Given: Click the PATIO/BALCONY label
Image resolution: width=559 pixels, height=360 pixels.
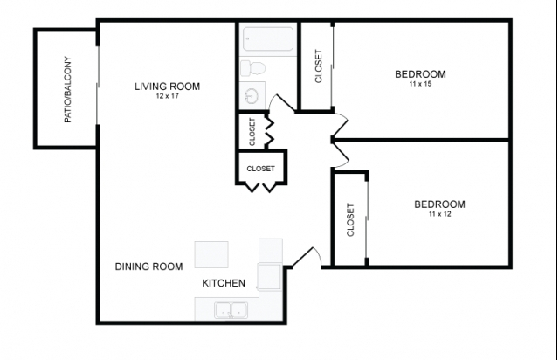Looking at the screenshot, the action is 68,89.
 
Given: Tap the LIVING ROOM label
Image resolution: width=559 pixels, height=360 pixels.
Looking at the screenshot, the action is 167,87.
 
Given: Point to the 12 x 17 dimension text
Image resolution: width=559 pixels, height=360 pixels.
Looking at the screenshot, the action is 167,96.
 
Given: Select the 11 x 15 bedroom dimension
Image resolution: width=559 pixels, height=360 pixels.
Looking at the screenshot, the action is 420,84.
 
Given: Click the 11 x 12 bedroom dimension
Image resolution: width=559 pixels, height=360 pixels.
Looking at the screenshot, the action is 439,214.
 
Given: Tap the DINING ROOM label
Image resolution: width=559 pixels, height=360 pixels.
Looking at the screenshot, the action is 148,267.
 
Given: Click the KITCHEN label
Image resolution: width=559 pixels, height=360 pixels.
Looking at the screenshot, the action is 224,283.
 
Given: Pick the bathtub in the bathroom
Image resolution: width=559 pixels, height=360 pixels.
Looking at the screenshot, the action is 268,38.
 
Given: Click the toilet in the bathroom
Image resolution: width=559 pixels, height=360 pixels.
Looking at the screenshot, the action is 252,68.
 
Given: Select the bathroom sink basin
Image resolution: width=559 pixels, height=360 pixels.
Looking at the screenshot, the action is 252,95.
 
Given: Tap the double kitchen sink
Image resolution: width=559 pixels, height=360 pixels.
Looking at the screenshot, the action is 231,310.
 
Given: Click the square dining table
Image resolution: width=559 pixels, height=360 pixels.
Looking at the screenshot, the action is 211,255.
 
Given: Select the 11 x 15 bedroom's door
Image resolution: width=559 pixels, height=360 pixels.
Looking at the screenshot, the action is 341,125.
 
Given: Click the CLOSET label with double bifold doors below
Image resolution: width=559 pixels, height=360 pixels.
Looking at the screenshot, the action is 260,169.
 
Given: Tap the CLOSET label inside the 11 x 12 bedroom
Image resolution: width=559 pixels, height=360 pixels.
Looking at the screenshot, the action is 350,220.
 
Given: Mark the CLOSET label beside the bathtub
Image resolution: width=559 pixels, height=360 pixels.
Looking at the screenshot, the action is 318,66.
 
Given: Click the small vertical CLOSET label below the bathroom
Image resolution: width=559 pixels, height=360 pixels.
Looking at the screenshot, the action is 252,132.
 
